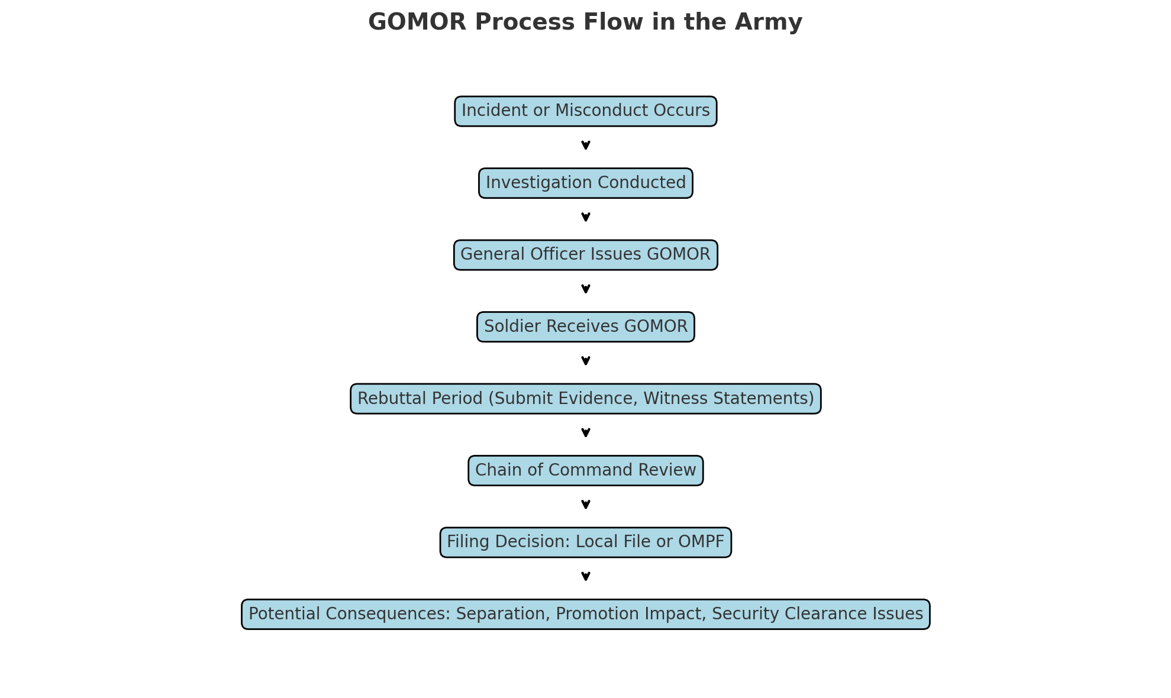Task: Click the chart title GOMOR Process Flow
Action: pos(585,22)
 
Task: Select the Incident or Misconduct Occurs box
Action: pos(585,111)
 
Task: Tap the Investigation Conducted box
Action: pos(585,183)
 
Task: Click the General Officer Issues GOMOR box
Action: pos(585,255)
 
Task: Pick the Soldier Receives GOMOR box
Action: pos(585,327)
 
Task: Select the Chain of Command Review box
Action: pos(585,470)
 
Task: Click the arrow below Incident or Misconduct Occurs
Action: pos(585,146)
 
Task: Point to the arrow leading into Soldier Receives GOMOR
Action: pos(585,289)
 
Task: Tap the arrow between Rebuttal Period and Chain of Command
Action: pos(585,433)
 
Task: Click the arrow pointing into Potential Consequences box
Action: pos(585,577)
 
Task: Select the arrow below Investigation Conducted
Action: pos(585,217)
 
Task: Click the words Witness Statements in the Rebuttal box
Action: pos(728,399)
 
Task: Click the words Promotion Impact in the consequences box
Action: pos(631,614)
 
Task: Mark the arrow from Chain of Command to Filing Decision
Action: pos(585,505)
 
